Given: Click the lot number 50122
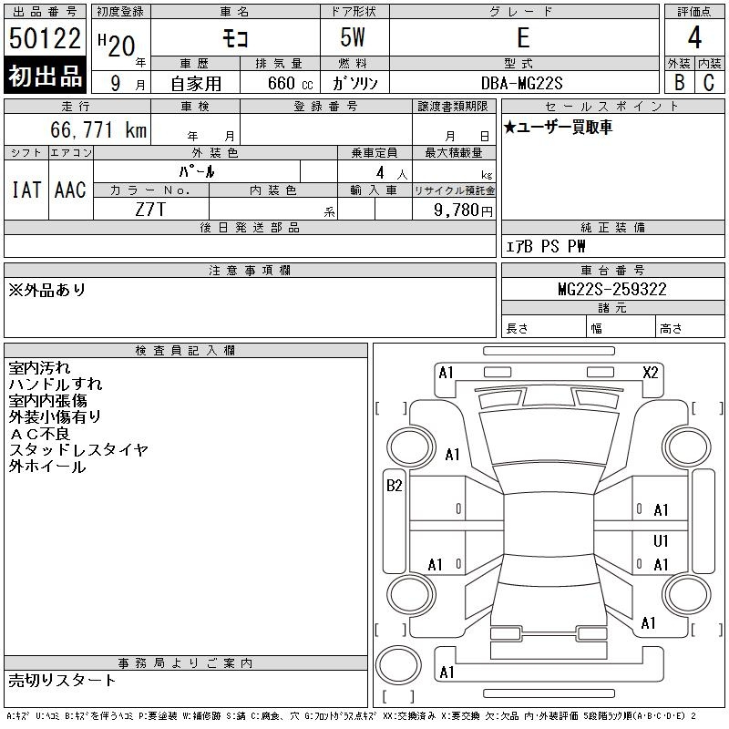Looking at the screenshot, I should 46,39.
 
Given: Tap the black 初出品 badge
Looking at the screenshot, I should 46,77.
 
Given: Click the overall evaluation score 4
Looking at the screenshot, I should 694,39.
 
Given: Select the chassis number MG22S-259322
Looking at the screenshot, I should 611,290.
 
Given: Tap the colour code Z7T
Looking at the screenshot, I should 150,209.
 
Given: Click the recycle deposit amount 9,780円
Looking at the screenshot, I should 465,210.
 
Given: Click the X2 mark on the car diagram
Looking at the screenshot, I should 650,372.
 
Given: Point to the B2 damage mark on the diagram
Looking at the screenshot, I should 394,486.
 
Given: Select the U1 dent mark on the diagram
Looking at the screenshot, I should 661,541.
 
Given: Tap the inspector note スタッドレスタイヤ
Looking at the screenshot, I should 78,450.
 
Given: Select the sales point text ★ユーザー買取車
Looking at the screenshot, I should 559,128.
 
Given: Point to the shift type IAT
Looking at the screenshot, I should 26,190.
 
